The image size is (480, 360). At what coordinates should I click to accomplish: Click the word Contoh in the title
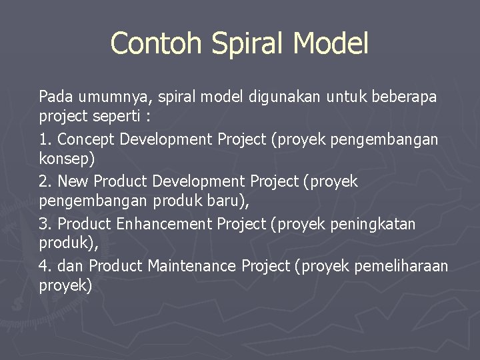click(x=157, y=43)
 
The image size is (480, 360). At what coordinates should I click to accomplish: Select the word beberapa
click(x=405, y=97)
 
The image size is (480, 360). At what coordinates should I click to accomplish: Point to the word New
click(x=73, y=181)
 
